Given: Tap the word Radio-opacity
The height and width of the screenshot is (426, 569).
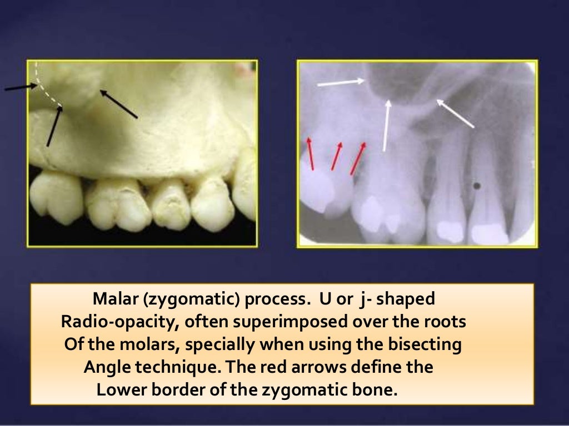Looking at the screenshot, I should point(114,322).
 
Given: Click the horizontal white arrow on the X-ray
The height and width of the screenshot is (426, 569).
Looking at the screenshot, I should point(341,83).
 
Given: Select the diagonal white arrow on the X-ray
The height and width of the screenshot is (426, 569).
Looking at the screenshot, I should point(455,114).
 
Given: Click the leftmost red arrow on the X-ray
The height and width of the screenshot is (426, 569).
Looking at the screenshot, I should point(310,153).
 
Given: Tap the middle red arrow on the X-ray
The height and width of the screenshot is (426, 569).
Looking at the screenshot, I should point(337,156).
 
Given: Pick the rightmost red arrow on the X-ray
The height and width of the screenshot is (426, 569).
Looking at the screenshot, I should point(358,158).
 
